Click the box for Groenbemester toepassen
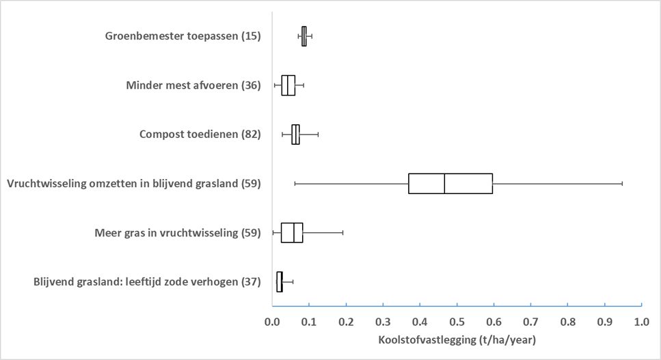pyautogui.click(x=304, y=36)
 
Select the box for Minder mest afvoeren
pyautogui.click(x=288, y=85)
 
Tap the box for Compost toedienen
pyautogui.click(x=295, y=135)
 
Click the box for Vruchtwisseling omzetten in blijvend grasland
pyautogui.click(x=450, y=184)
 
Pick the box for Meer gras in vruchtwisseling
pyautogui.click(x=292, y=233)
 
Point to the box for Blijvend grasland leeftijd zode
pyautogui.click(x=280, y=281)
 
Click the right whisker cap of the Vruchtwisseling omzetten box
pyautogui.click(x=622, y=184)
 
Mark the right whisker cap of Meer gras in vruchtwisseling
pyautogui.click(x=342, y=233)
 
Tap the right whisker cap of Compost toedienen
pyautogui.click(x=318, y=135)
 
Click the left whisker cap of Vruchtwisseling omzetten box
pyautogui.click(x=295, y=184)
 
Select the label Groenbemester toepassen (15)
pyautogui.click(x=183, y=36)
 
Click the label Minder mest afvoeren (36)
pyautogui.click(x=193, y=85)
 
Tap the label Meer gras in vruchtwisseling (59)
pyautogui.click(x=178, y=233)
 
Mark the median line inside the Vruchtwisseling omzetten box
pyautogui.click(x=444, y=184)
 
